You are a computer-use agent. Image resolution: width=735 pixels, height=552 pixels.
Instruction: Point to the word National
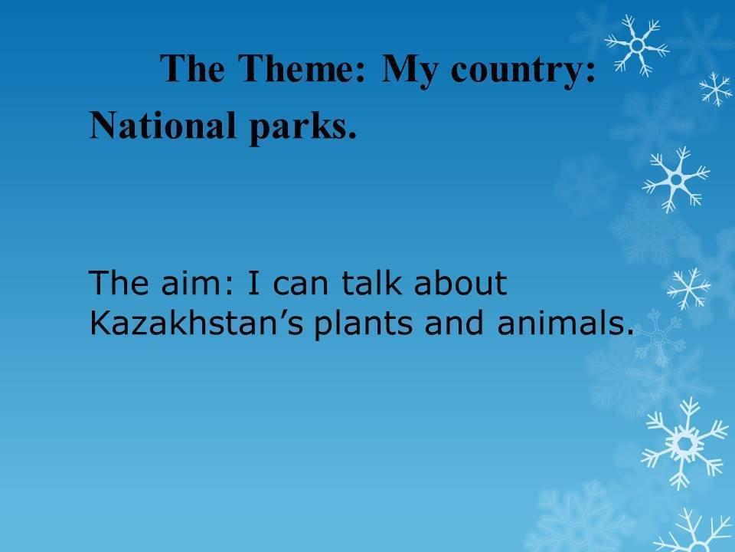(x=162, y=125)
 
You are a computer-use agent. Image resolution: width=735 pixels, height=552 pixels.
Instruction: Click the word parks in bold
(x=298, y=127)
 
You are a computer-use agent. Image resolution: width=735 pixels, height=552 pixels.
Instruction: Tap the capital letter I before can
(x=253, y=283)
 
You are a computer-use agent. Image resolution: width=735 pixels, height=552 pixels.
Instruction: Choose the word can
(x=300, y=286)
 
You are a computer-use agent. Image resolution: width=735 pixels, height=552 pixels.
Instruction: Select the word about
(x=460, y=283)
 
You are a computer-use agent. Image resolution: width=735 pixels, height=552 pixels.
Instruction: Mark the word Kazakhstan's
(x=197, y=323)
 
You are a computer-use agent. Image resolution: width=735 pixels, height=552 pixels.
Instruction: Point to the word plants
(x=363, y=324)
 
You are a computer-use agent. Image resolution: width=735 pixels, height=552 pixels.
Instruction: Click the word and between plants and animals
(x=454, y=323)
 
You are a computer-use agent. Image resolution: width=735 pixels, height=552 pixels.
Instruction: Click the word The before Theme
(x=192, y=68)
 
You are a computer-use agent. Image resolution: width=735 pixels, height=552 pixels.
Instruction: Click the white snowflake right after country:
(x=636, y=45)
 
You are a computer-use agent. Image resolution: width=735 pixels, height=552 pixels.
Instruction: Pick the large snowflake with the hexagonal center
(x=684, y=443)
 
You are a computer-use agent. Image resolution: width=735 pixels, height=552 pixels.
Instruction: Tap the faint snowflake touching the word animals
(x=658, y=337)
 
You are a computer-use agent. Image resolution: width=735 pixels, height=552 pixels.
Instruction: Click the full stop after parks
(x=352, y=136)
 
